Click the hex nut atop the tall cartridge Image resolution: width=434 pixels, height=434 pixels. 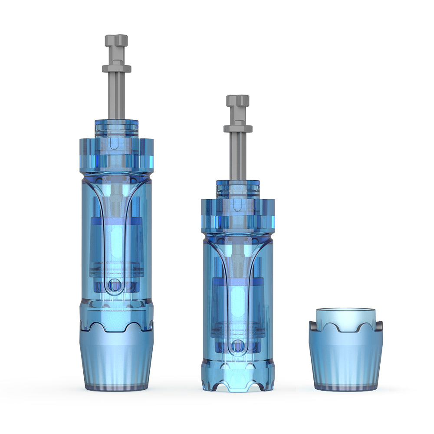point(116,41)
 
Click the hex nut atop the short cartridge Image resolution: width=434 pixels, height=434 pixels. point(238,101)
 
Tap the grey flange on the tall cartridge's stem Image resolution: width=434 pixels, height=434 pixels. point(116,69)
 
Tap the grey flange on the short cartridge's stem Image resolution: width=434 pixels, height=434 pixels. point(238,128)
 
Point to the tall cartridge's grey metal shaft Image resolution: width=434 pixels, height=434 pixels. point(116,95)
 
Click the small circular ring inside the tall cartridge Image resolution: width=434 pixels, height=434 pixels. point(115,285)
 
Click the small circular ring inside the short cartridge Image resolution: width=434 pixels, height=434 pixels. point(237,346)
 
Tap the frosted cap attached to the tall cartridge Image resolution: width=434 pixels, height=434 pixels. point(116,360)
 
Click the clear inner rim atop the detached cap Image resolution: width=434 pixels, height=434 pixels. point(345,313)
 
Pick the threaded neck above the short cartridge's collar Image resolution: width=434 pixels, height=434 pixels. point(238,187)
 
